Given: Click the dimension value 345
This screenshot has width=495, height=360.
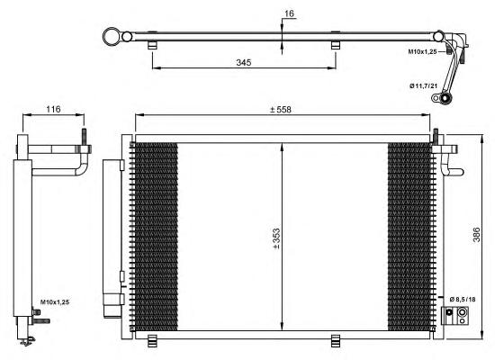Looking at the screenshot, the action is (x=243, y=62).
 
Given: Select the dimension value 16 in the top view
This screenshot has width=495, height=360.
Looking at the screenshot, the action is (x=289, y=13).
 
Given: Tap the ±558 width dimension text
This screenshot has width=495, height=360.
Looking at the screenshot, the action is (x=280, y=110).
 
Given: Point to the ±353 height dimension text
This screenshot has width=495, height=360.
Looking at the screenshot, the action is (x=276, y=238).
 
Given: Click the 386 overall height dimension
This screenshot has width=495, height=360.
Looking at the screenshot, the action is (x=476, y=235).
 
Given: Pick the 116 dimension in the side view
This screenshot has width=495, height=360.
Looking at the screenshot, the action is (x=53, y=109).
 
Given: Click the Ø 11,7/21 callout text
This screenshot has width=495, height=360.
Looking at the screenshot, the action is (x=424, y=85).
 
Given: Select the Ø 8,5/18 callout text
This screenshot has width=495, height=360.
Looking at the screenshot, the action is (x=463, y=299).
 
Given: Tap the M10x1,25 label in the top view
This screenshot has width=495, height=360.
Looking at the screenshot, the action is (x=422, y=51).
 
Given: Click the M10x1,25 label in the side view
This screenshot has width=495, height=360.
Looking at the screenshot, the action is (x=55, y=302).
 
